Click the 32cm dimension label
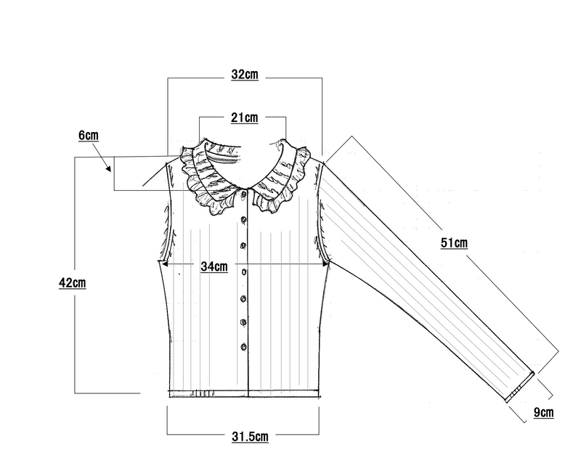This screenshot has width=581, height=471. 245,75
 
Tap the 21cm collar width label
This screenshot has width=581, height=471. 245,118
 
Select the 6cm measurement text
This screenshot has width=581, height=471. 89,135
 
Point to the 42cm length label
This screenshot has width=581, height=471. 72,283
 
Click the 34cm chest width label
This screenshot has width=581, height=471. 214,266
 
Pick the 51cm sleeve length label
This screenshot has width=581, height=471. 454,243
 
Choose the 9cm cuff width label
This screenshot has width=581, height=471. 543,412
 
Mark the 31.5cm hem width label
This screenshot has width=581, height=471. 250,437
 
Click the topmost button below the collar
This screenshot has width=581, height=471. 244,194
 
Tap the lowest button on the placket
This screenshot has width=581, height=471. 243,347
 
